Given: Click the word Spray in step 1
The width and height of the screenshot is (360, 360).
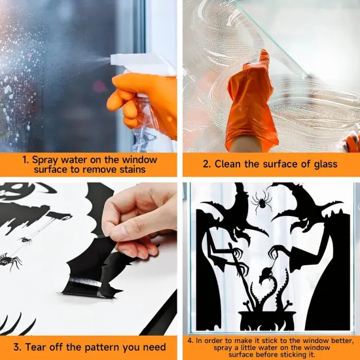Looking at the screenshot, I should click(48, 158).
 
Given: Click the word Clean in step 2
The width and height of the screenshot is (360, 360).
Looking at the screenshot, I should click(229, 164).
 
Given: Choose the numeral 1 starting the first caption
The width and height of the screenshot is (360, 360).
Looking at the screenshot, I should click(25, 158).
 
